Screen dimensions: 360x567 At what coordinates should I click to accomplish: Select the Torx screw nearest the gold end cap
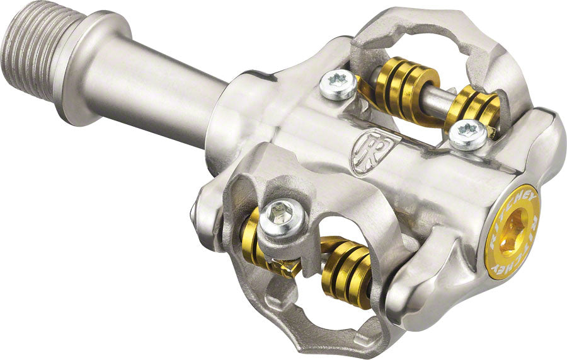pos(468,134)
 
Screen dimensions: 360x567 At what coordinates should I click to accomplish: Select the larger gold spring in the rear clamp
pos(398,86)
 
